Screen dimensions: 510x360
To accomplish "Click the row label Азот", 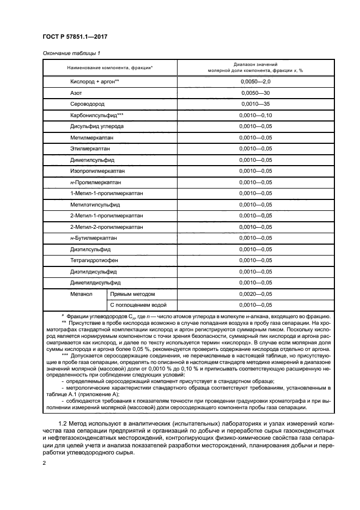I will click(x=76, y=93).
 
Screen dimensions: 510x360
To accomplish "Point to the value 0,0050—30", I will click(x=255, y=93).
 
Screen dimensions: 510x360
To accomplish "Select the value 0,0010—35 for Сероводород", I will click(x=255, y=104).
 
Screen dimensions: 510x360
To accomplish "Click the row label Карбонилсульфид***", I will click(x=97, y=116).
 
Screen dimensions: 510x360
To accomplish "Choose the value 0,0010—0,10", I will click(x=255, y=116).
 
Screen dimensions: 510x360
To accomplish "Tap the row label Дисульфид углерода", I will click(x=97, y=126).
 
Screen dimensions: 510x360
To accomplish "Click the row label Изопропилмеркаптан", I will click(x=97, y=171).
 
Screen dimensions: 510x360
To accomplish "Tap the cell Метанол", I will click(x=81, y=294).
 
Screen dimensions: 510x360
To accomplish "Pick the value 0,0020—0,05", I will click(x=255, y=294).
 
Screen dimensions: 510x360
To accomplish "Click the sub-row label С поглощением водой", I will click(x=139, y=305).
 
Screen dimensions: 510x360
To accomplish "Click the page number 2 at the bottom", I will click(x=45, y=463).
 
